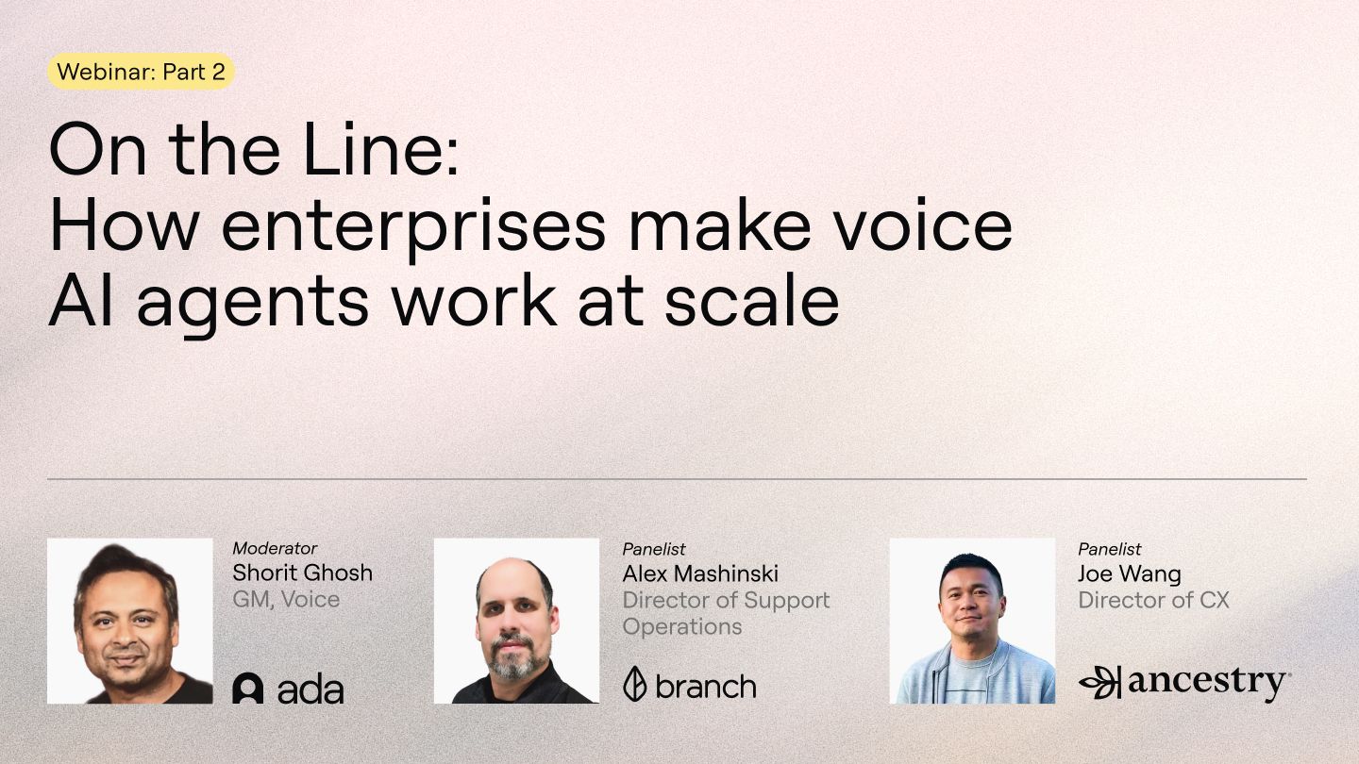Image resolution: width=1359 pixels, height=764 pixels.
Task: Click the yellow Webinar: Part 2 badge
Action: [x=141, y=73]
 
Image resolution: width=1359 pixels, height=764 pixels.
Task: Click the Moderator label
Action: [x=275, y=548]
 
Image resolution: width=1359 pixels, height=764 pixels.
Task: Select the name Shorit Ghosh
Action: [x=302, y=573]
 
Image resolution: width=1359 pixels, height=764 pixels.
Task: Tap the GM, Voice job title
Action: [x=286, y=599]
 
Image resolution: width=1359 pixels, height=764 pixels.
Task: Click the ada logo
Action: [x=288, y=688]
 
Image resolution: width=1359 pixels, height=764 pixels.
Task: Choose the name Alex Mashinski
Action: [x=700, y=573]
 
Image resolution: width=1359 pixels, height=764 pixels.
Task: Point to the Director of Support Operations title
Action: [x=726, y=613]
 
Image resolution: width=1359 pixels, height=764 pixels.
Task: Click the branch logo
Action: [x=690, y=685]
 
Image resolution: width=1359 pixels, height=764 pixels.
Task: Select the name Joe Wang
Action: [x=1130, y=573]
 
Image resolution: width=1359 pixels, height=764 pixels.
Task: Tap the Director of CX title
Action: [x=1153, y=600]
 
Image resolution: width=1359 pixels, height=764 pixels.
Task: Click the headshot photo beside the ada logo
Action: [x=130, y=621]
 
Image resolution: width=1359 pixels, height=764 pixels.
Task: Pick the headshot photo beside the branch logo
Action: [x=516, y=621]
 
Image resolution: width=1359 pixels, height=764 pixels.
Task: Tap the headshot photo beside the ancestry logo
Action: [x=972, y=621]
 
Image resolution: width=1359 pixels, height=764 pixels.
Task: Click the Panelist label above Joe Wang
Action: [x=1110, y=549]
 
